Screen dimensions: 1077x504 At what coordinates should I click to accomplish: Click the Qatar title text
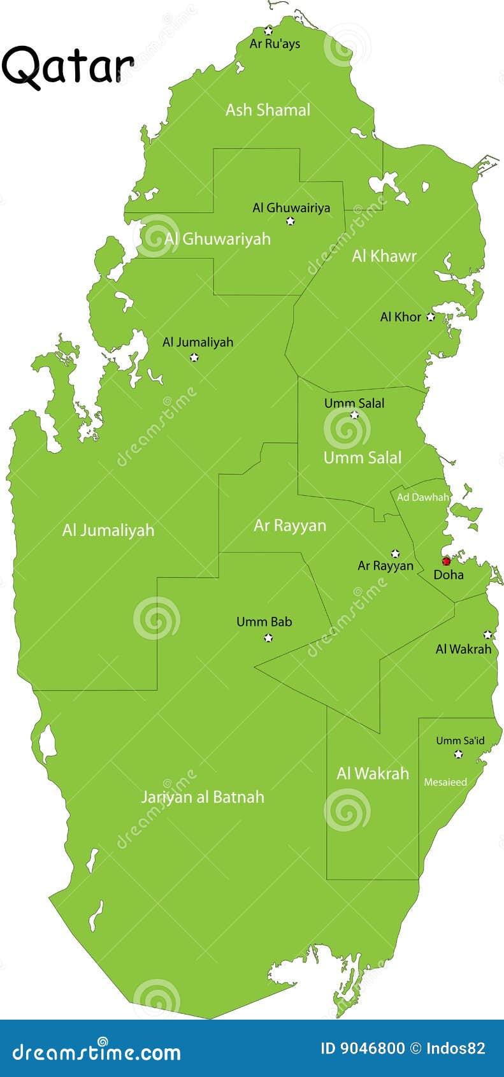click(68, 66)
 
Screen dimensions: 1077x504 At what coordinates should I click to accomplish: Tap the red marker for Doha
click(446, 561)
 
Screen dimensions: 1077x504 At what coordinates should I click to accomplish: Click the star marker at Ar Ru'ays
click(268, 31)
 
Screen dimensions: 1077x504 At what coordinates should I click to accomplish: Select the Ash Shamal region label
click(268, 110)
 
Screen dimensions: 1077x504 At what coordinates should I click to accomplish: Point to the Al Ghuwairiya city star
click(291, 221)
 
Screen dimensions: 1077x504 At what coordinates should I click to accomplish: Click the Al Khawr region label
click(384, 256)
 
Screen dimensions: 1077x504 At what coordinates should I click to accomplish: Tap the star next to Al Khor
click(431, 316)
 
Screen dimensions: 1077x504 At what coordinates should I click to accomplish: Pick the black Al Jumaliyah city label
click(198, 342)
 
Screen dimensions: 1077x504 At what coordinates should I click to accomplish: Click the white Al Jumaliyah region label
click(108, 530)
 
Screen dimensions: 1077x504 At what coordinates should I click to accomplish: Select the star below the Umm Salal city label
click(354, 415)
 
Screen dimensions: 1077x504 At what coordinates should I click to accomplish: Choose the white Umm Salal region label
click(363, 458)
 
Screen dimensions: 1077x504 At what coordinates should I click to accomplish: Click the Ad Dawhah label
click(423, 497)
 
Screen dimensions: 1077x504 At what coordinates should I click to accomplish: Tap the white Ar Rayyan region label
click(290, 525)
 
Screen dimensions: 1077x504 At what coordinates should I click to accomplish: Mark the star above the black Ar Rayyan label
click(395, 553)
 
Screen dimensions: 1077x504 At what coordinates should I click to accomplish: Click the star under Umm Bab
click(268, 637)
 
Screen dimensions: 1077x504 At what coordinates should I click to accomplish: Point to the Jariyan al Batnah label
click(202, 797)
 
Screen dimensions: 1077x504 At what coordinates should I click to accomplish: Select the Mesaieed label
click(445, 782)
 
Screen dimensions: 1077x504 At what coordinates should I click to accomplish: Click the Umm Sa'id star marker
click(458, 754)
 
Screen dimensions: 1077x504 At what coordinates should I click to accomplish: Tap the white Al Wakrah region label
click(373, 774)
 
